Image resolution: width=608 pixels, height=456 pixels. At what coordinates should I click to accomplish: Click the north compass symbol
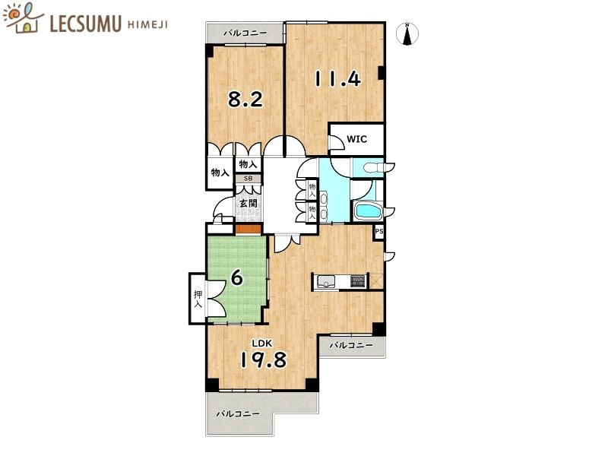coord(407,34)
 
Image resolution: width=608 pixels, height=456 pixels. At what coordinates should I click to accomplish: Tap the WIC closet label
coord(356,139)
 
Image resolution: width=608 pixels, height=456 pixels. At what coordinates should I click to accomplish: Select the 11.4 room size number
coord(337,79)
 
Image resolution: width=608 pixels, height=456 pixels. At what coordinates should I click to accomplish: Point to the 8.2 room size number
coord(245,100)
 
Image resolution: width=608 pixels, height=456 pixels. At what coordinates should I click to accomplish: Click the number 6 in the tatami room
coord(237,277)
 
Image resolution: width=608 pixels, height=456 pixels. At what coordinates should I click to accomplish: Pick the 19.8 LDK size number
coord(264,359)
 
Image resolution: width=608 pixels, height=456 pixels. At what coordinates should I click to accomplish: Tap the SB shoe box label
coord(248,179)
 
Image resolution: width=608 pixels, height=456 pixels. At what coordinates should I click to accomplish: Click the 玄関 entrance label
coord(249,203)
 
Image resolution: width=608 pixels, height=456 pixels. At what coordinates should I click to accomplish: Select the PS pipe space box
coord(378,233)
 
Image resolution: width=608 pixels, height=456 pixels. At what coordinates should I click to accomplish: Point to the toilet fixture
coord(373,167)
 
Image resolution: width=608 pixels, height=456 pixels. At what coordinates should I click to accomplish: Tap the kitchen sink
coord(326,281)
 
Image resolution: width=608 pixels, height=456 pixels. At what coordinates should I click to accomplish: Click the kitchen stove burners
coord(358,281)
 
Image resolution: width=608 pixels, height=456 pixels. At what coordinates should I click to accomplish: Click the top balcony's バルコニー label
coord(245,33)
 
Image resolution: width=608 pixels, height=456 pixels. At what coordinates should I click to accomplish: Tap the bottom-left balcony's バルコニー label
coord(238,414)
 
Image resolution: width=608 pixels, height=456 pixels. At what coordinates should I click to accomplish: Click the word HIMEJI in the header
coord(147,25)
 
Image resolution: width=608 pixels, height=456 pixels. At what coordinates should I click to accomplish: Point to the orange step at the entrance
coord(249,230)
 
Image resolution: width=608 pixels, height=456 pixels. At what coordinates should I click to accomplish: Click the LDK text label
coord(262,344)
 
